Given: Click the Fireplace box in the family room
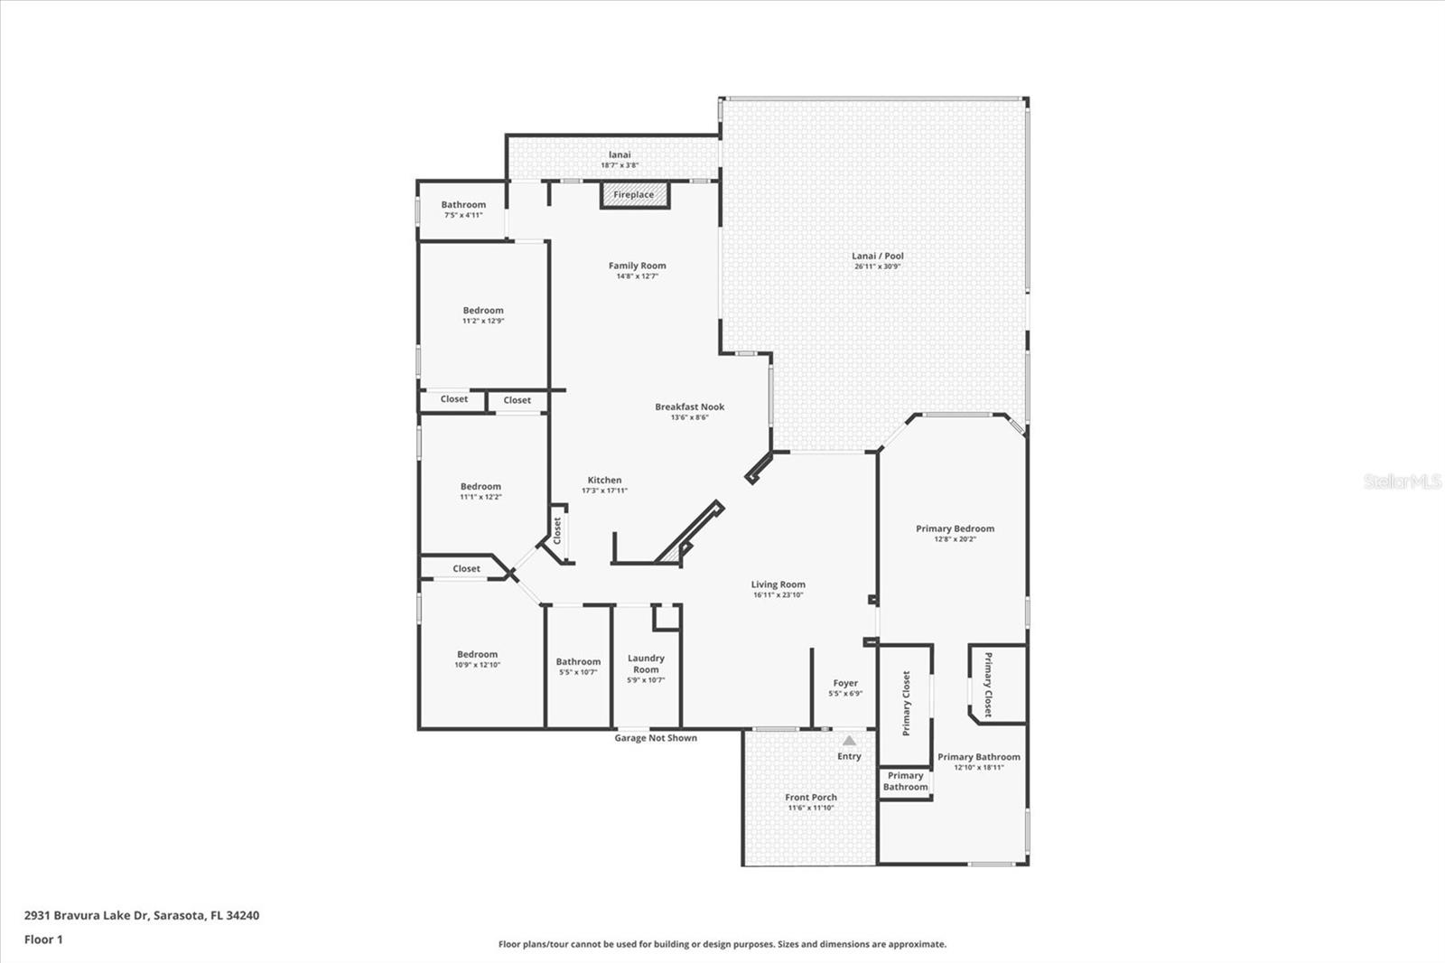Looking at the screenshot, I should point(635,195).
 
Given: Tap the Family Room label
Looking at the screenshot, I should point(637,266).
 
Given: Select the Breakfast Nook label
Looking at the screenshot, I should point(689,407).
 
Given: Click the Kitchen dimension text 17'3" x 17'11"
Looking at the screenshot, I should point(604,491).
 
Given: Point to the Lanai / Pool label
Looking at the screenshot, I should point(878,257).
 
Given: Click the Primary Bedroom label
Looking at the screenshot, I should point(955,528).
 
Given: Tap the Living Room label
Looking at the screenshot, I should point(778,584).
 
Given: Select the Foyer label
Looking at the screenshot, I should point(845,684).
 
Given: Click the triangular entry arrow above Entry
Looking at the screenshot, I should point(849,741).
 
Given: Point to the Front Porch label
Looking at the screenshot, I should point(810,798).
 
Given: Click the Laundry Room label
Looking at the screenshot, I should point(646,664).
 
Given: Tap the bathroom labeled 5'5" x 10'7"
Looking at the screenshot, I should point(578,666).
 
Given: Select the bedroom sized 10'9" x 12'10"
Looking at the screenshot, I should point(477,659).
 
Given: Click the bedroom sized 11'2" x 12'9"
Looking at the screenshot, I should point(483,314).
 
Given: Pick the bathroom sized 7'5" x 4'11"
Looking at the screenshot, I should point(463,209).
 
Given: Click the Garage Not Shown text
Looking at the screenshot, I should point(656,738).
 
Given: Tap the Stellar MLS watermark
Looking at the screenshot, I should point(1402,481).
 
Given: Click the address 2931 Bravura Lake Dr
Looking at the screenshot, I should point(141,915).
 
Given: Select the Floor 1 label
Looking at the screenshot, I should point(43,940).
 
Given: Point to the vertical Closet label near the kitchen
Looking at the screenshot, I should point(557,530).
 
